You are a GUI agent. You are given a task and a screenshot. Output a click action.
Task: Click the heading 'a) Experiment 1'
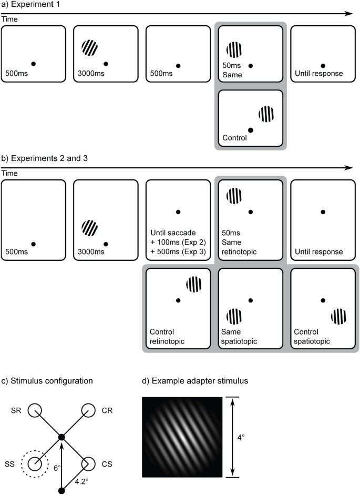click(x=32, y=5)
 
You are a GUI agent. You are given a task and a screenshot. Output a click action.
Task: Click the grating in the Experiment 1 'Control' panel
click(x=266, y=114)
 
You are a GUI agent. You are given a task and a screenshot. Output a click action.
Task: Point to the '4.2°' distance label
click(x=81, y=479)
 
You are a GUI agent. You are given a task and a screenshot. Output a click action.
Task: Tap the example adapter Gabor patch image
click(x=182, y=437)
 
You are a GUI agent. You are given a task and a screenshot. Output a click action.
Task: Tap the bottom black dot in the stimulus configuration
click(x=61, y=491)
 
